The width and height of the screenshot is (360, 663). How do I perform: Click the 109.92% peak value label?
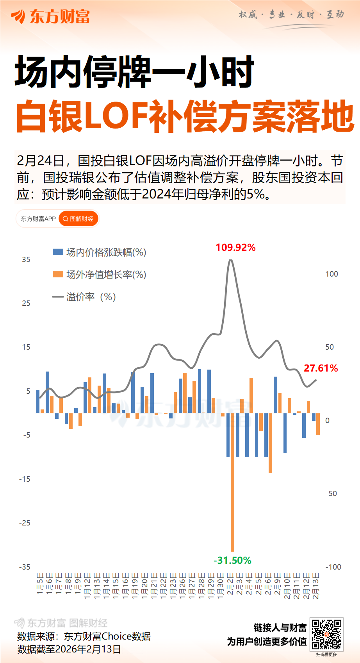pyautogui.click(x=235, y=247)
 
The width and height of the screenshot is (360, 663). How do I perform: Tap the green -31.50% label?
pyautogui.click(x=232, y=560)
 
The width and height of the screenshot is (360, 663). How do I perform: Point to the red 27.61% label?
pyautogui.click(x=321, y=368)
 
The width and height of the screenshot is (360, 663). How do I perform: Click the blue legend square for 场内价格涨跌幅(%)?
pyautogui.click(x=58, y=252)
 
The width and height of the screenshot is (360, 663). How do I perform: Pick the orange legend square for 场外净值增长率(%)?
pyautogui.click(x=58, y=274)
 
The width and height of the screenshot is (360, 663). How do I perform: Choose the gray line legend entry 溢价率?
pyautogui.click(x=58, y=297)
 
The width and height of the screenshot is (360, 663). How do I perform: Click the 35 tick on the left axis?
pyautogui.click(x=26, y=259)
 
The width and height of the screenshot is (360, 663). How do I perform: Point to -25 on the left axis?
pyautogui.click(x=25, y=523)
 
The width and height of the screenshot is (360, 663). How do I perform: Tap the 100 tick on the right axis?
pyautogui.click(x=331, y=274)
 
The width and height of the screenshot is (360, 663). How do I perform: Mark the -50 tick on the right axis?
pyautogui.click(x=331, y=493)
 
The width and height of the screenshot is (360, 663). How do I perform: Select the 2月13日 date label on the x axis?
pyautogui.click(x=316, y=585)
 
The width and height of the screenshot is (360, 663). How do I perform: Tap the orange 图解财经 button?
pyautogui.click(x=78, y=219)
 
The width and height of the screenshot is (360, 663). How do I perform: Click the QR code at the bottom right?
pyautogui.click(x=326, y=634)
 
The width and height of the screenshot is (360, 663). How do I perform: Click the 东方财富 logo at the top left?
pyautogui.click(x=51, y=16)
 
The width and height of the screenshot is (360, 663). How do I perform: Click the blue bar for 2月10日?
pyautogui.click(x=285, y=433)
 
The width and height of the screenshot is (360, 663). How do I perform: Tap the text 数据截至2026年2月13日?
pyautogui.click(x=69, y=649)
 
